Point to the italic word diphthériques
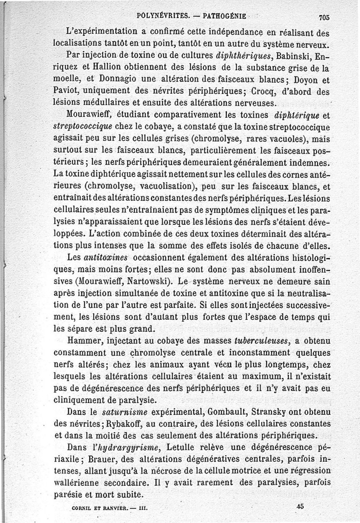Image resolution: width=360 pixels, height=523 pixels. [238, 57]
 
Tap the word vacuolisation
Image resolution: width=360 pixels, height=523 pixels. [166, 186]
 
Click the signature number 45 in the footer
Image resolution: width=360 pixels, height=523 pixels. [301, 506]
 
